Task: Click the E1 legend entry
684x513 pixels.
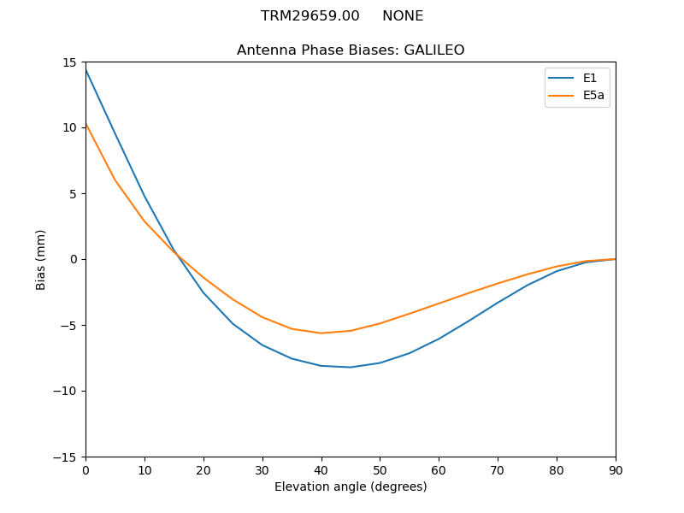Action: [x=590, y=78]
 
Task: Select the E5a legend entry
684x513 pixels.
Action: [x=593, y=95]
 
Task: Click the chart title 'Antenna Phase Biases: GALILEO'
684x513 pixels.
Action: [x=351, y=50]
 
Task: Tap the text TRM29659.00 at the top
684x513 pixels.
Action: [x=310, y=16]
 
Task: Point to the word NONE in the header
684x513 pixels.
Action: [x=403, y=16]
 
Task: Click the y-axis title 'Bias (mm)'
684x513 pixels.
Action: [x=41, y=259]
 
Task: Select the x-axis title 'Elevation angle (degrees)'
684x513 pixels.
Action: [x=351, y=487]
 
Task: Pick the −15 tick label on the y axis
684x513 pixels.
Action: [x=66, y=457]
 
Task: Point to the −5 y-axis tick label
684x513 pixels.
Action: [x=68, y=325]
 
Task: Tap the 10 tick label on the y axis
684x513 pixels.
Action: [x=70, y=128]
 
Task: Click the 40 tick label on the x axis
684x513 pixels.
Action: [x=321, y=469]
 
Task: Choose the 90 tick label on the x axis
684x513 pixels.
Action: [x=616, y=469]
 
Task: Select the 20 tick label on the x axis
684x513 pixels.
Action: [x=203, y=469]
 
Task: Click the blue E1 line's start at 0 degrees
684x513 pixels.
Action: [x=85, y=69]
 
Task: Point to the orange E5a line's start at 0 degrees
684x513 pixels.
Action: [x=85, y=124]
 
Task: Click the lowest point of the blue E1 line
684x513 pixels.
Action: [x=351, y=367]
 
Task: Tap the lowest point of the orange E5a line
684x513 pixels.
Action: [x=321, y=333]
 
